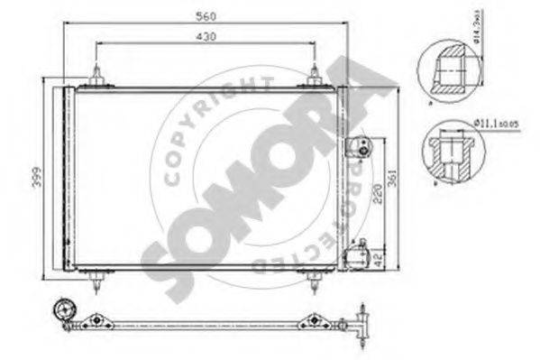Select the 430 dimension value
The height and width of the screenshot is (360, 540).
click(x=206, y=37)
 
